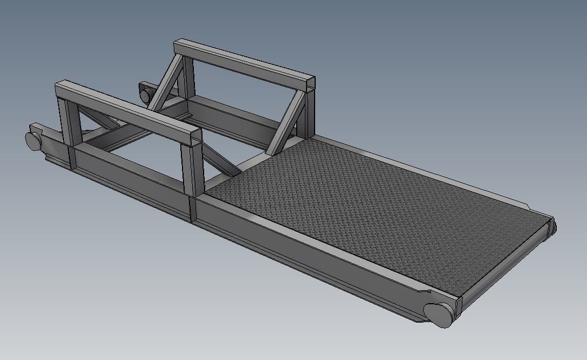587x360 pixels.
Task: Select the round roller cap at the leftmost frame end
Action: [34, 140]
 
